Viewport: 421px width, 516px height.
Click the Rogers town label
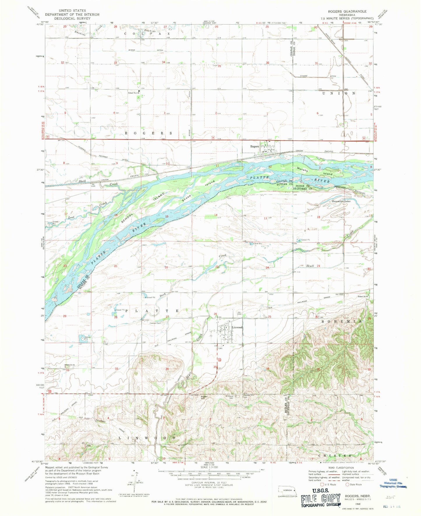point(254,146)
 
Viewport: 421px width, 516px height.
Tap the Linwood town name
point(237,327)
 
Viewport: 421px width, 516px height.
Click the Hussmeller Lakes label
point(341,201)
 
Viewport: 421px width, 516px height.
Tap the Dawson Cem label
point(155,323)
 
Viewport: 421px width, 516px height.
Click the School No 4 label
point(133,93)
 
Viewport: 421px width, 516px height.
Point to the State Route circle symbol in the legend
point(347,484)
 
